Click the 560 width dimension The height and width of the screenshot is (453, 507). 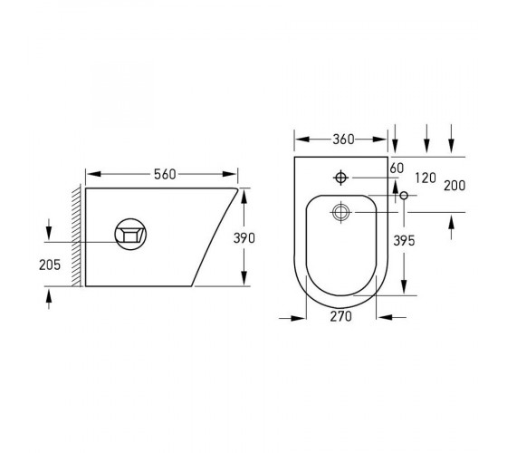coord(165,174)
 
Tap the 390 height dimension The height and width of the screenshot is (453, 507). coord(244,238)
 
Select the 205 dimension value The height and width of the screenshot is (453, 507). coord(50,265)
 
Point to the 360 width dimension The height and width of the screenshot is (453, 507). coord(343,140)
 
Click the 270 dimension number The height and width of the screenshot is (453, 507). coord(341,316)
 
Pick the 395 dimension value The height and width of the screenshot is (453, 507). coord(404,241)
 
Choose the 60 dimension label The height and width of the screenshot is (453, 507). coord(397,169)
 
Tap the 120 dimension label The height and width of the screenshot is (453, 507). coord(426,178)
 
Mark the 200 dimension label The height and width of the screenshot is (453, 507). coord(454,186)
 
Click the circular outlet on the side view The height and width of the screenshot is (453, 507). coord(130,235)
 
